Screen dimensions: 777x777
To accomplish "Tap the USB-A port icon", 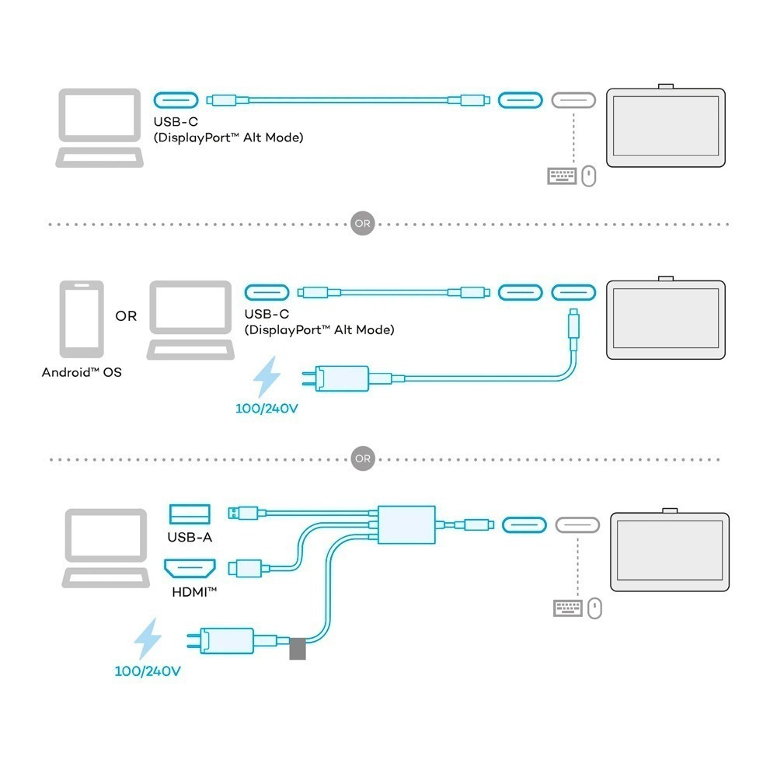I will click(190, 514).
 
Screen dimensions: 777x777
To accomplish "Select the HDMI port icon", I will click(190, 569).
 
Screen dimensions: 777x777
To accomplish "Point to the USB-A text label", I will click(190, 537).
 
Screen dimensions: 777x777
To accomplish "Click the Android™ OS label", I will click(82, 372).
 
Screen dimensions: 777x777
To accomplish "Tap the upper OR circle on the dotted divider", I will click(363, 224).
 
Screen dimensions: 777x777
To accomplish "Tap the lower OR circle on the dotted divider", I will click(363, 458).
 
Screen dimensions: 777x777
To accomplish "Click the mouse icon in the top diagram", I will click(589, 176).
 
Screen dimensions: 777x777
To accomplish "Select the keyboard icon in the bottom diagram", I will click(566, 608).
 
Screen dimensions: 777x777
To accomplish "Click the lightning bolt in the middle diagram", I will click(268, 378).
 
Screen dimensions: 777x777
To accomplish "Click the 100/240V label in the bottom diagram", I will click(148, 671).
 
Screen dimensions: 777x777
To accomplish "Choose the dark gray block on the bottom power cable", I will click(297, 649).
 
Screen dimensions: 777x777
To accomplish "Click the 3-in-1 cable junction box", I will click(406, 524).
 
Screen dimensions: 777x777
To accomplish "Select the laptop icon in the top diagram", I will click(100, 128).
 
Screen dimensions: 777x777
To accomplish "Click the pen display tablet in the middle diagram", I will click(666, 318).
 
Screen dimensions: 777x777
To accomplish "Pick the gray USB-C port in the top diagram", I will click(573, 100).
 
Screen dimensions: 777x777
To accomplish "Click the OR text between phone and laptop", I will click(126, 316).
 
